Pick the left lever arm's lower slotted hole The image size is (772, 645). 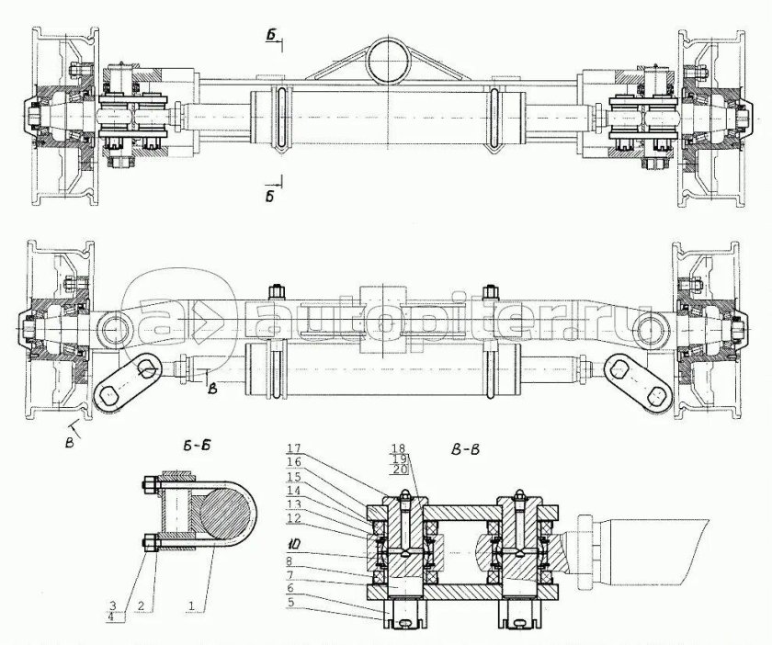click(111, 395)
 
